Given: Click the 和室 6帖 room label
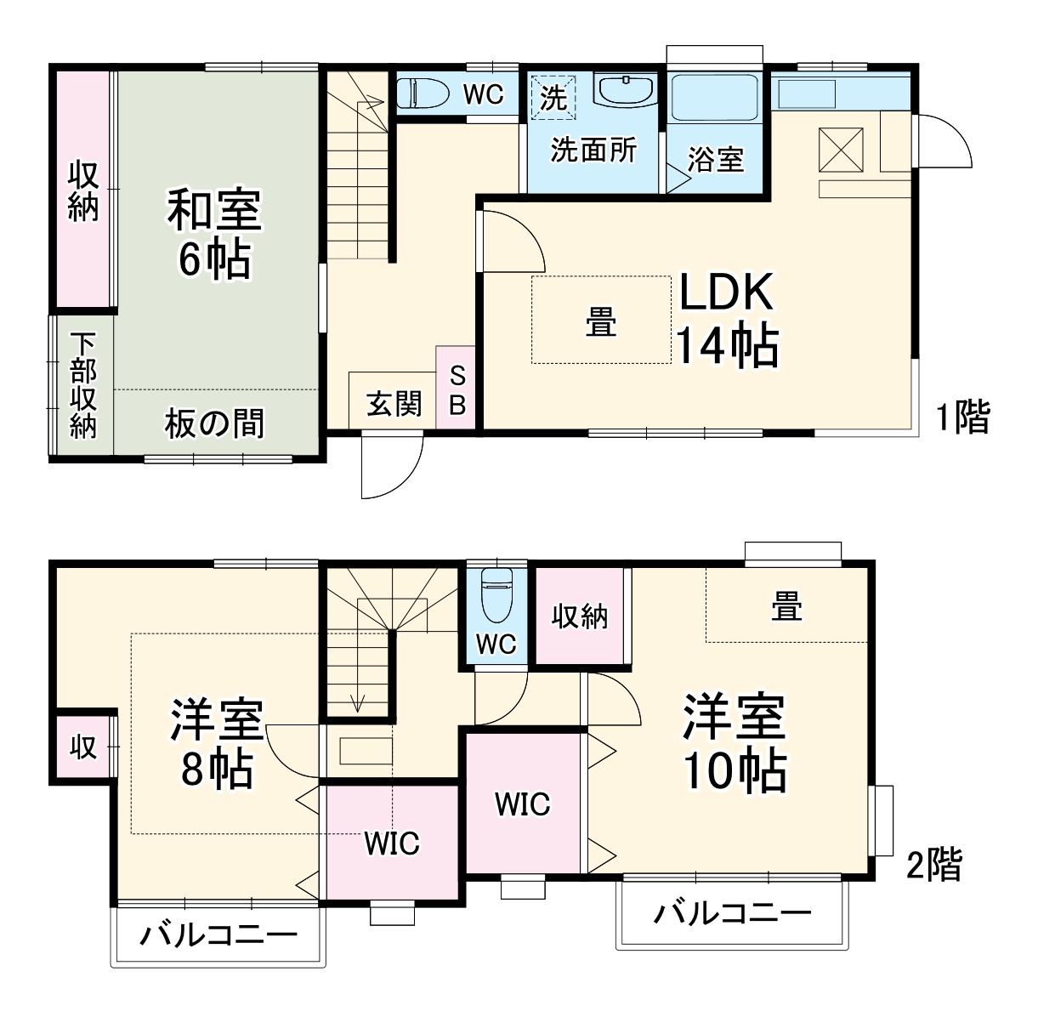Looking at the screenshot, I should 213,235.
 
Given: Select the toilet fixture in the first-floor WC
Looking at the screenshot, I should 423,93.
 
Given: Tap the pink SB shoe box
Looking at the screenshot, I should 457,388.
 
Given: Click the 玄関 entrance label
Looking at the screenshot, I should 394,402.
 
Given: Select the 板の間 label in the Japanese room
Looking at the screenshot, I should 214,423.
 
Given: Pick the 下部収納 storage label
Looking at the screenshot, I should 82,385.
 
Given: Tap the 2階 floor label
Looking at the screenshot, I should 934,866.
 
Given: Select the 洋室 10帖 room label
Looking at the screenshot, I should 734,742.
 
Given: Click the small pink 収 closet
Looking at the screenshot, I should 82,747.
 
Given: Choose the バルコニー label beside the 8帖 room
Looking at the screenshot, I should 218,936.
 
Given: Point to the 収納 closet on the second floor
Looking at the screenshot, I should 580,616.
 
